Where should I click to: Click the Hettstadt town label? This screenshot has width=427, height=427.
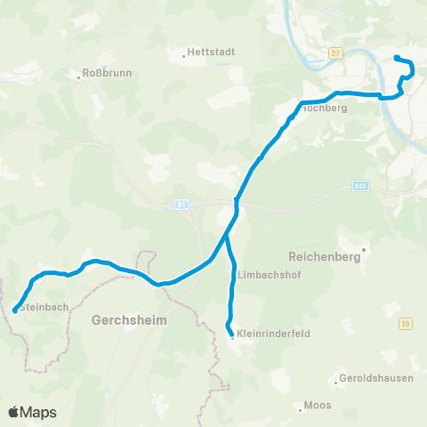(x=213, y=52)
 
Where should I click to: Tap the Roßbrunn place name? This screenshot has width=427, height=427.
(x=107, y=72)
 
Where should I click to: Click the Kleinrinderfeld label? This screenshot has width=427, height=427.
(x=272, y=336)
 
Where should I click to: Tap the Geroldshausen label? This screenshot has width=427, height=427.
(x=377, y=378)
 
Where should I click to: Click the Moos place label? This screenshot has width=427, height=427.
(x=318, y=405)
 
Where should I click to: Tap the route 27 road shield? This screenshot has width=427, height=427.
(x=334, y=53)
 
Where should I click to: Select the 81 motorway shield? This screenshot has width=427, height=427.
(x=181, y=205)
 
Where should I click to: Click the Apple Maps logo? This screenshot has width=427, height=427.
(x=32, y=412)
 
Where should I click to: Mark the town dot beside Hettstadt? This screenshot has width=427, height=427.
(x=185, y=55)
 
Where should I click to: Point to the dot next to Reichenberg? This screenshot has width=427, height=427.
(x=362, y=250)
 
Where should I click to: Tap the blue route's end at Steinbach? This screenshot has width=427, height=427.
(x=15, y=311)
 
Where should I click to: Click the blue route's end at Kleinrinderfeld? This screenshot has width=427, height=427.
(x=232, y=334)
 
